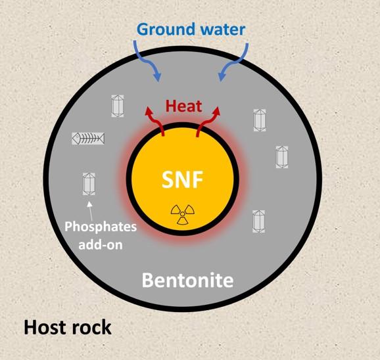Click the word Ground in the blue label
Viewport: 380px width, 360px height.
coord(166,30)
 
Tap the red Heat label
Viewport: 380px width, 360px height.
coord(184,106)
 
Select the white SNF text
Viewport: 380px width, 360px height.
coord(182,179)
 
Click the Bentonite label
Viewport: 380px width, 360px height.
coord(187,280)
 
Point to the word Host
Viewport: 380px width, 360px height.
coord(44,327)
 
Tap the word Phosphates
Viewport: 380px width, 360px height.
coord(101,227)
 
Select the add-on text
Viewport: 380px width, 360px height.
coord(101,245)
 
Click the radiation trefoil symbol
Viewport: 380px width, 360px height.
coord(183,214)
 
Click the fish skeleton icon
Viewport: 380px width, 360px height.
coord(88,139)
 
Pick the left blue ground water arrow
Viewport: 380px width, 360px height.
coord(147,61)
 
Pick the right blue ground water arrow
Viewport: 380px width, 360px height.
coord(234,62)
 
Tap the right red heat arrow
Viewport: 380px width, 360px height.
coord(208,122)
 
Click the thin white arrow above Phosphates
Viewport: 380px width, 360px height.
coord(90,210)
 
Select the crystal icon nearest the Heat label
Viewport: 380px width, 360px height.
coord(118,106)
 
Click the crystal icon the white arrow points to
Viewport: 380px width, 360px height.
coord(89,184)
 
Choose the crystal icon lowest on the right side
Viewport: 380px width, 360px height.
coord(259,221)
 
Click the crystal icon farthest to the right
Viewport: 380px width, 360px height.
coord(282,157)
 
